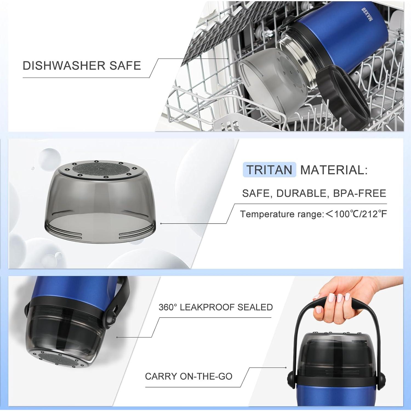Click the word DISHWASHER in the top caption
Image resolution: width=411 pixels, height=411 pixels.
64,66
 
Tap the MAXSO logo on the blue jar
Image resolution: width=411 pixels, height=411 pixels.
367,15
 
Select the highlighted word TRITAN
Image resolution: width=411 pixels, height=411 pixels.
269,170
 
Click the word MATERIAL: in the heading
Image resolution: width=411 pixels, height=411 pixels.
334,170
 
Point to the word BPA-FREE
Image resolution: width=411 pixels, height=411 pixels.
359,193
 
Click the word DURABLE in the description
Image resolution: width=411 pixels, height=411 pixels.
302,193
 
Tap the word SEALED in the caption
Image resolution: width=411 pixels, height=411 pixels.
255,307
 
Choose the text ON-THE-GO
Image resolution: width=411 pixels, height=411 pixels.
206,376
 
